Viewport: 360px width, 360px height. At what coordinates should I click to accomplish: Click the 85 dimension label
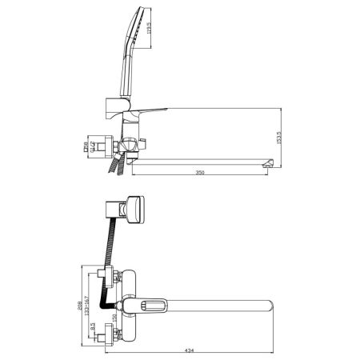point(94,328)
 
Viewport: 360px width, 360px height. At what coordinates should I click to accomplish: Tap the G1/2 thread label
point(93,146)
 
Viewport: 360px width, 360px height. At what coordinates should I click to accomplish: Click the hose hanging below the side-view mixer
point(118,166)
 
